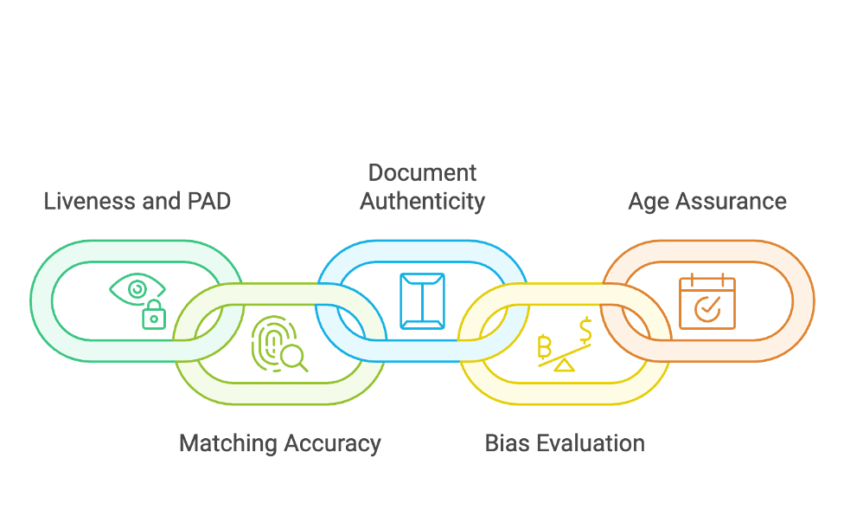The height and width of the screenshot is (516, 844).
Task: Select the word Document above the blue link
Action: [x=422, y=172]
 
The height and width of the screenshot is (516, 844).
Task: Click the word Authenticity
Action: [x=422, y=202]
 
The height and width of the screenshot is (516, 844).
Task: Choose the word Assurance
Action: [x=733, y=202]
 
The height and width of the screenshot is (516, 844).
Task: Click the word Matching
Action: [x=226, y=444]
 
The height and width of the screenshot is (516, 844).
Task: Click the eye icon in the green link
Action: [x=137, y=288]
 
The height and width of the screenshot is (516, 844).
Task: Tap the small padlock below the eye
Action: [x=154, y=317]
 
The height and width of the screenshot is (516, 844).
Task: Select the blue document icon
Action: [x=422, y=300]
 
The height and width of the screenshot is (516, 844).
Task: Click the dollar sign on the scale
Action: [x=585, y=330]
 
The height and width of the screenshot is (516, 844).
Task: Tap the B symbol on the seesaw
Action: [x=545, y=347]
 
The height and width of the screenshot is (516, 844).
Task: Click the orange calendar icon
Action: [x=707, y=301]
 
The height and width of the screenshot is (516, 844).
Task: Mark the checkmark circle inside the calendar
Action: [x=707, y=307]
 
